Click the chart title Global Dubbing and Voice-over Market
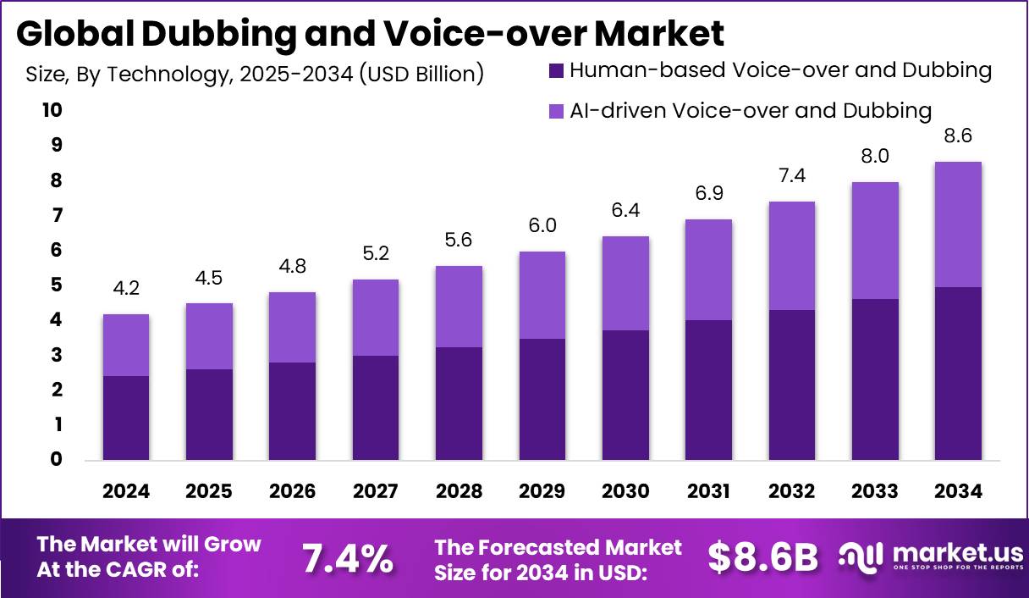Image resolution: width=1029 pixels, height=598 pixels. [x=370, y=34]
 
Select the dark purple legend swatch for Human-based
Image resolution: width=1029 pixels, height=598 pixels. [x=557, y=71]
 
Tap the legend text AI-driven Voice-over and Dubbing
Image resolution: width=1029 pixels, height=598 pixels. [x=751, y=111]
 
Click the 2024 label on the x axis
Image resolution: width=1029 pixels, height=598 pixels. [x=126, y=492]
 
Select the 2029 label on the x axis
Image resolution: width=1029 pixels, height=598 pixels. [x=542, y=492]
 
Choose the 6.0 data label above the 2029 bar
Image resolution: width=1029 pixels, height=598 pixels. [x=542, y=225]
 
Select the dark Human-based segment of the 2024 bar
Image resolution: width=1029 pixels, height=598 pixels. [x=126, y=418]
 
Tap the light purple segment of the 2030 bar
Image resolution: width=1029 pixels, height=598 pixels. [x=625, y=283]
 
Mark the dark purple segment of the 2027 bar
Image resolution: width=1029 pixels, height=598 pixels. [x=376, y=408]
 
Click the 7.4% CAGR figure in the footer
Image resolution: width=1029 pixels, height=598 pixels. [x=348, y=558]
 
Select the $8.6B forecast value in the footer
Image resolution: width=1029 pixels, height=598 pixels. [x=763, y=558]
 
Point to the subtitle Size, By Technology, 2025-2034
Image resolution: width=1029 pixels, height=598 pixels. [x=255, y=75]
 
